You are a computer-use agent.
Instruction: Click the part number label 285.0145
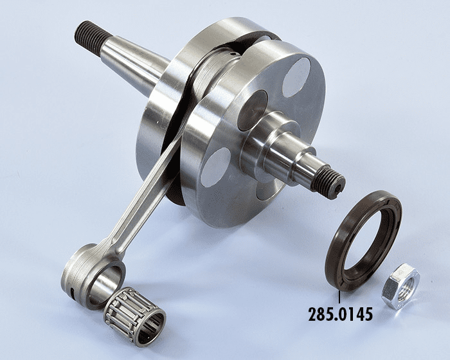pyautogui.click(x=340, y=314)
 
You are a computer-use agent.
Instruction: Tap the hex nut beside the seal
pyautogui.click(x=401, y=286)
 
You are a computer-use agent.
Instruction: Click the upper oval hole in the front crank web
pyautogui.click(x=296, y=77)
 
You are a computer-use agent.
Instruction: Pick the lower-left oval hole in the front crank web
pyautogui.click(x=216, y=166)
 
